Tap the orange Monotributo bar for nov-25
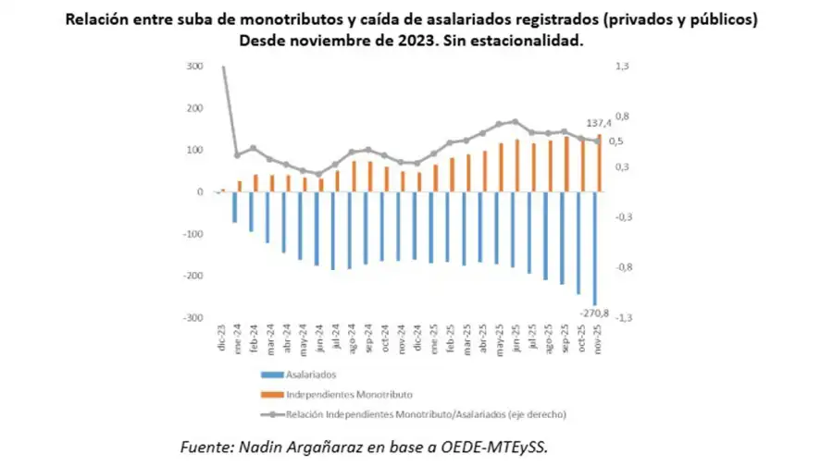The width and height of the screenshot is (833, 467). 600,163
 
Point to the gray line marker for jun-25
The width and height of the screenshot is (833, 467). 515,121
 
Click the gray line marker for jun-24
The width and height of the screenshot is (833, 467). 318,174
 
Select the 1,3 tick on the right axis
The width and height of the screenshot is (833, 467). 621,67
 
